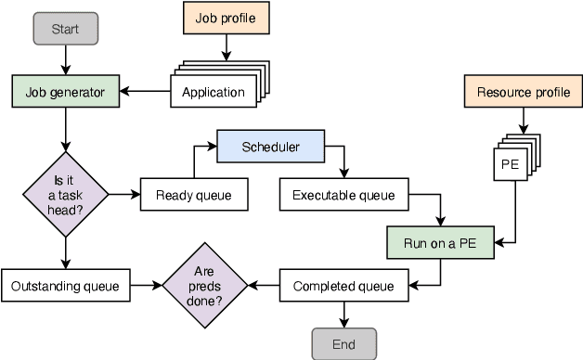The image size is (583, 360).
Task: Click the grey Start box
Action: [65, 29]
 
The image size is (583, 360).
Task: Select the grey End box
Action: [343, 344]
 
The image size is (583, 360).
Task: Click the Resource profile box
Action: [523, 92]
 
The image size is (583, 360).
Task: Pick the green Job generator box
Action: [65, 91]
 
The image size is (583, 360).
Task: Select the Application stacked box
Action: [214, 92]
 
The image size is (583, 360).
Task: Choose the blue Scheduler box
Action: [270, 147]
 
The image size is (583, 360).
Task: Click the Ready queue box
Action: [194, 195]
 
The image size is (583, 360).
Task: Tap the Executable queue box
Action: [343, 195]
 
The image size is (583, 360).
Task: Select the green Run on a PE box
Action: [441, 243]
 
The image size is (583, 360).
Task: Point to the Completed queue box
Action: [343, 286]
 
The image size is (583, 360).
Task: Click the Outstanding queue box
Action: [65, 286]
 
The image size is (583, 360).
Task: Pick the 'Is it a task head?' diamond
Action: [65, 195]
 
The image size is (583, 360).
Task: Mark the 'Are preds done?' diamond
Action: [206, 287]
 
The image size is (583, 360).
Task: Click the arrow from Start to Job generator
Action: [65, 60]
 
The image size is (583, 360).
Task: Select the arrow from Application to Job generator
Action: [145, 91]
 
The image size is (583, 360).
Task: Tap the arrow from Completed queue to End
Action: [343, 315]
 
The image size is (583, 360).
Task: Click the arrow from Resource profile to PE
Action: [523, 121]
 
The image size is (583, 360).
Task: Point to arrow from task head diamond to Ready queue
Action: [123, 195]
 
